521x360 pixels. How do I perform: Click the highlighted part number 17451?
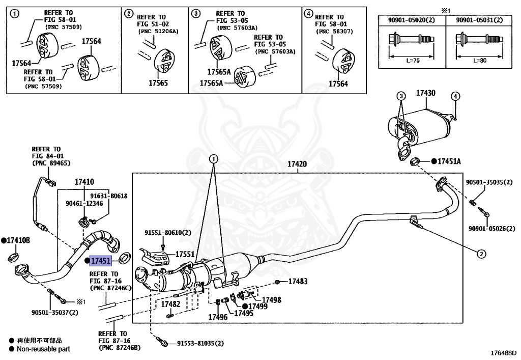coord(100,261)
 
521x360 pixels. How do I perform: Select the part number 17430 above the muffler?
coord(426,93)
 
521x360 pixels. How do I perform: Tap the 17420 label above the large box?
coord(297,164)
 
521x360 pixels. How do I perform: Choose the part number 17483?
coord(298,281)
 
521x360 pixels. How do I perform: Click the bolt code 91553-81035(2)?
coord(199,343)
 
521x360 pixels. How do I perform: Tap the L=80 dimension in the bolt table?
coord(480,60)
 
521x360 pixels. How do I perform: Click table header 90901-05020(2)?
coord(412,20)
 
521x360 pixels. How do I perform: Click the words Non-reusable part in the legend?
coord(43,349)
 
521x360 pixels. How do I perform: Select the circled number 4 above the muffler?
coord(455,96)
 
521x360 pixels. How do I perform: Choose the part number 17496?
coord(217,317)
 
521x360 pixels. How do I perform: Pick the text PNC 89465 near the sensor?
coord(51,163)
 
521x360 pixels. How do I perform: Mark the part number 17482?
coord(170,304)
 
